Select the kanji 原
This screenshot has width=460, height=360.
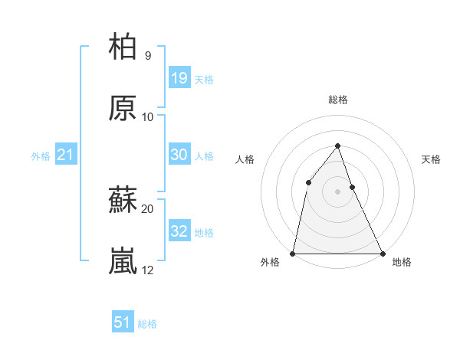(123, 108)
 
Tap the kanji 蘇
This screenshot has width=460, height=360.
(123, 201)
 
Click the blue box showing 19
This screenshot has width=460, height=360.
(179, 77)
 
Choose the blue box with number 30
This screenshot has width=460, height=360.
(179, 155)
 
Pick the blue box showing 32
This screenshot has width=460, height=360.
(179, 231)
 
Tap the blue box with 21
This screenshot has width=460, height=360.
(66, 155)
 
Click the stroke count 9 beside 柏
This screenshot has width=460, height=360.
(147, 55)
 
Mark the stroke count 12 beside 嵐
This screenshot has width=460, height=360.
(147, 270)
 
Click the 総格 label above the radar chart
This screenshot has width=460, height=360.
(338, 100)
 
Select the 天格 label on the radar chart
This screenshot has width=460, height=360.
(432, 159)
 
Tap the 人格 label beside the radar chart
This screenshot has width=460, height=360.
(245, 159)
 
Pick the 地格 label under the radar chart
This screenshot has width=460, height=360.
(402, 263)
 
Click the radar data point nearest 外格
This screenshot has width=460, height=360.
(293, 253)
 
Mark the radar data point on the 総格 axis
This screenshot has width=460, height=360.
(337, 146)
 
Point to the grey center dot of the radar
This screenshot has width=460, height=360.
(337, 191)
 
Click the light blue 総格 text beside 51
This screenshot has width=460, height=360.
(147, 324)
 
